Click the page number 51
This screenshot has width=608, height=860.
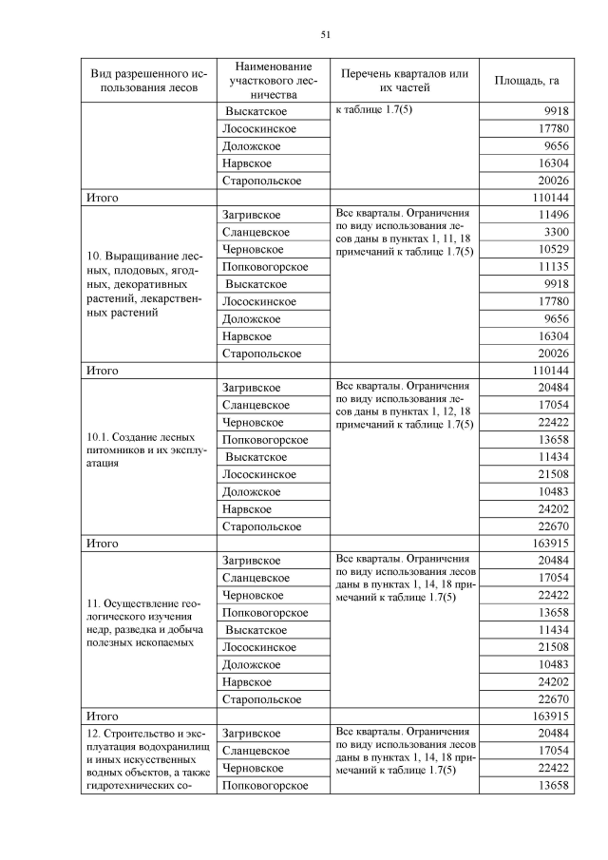325,35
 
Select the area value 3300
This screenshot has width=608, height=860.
555,232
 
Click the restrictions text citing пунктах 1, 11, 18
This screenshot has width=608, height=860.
403,232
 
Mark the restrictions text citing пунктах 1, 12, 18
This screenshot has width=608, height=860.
403,405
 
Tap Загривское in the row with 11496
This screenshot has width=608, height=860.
251,215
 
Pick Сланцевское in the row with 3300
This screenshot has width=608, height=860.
256,232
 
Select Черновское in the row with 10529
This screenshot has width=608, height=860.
253,249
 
